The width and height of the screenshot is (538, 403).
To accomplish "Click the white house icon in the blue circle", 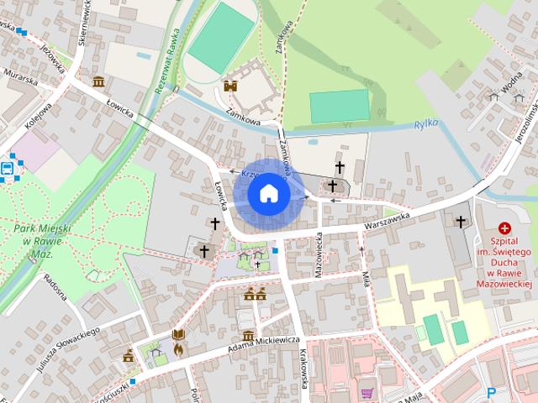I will point(268,194).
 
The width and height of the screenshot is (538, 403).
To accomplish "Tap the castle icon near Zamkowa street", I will point(229,86).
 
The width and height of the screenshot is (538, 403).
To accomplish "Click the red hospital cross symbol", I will point(505,228).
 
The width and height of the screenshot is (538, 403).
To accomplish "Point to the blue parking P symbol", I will point(492,391).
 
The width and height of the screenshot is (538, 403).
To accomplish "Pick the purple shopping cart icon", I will point(367,392).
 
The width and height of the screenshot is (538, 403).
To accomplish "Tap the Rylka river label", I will point(427,125).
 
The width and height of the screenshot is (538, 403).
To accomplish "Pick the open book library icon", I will point(177,334).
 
